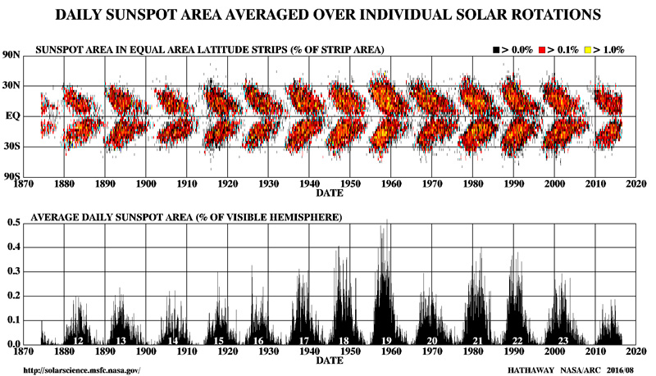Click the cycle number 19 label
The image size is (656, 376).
coord(385,340)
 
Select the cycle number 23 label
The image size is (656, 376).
coord(563,340)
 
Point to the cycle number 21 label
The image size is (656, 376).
coord(476,340)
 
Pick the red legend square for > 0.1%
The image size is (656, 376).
coord(544,50)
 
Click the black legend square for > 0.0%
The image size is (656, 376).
coord(497,50)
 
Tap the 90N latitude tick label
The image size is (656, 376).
coord(11,55)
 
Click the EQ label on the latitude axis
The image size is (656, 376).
coord(14,116)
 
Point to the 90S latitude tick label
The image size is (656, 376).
coord(11,177)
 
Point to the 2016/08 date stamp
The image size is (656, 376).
coord(623,369)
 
